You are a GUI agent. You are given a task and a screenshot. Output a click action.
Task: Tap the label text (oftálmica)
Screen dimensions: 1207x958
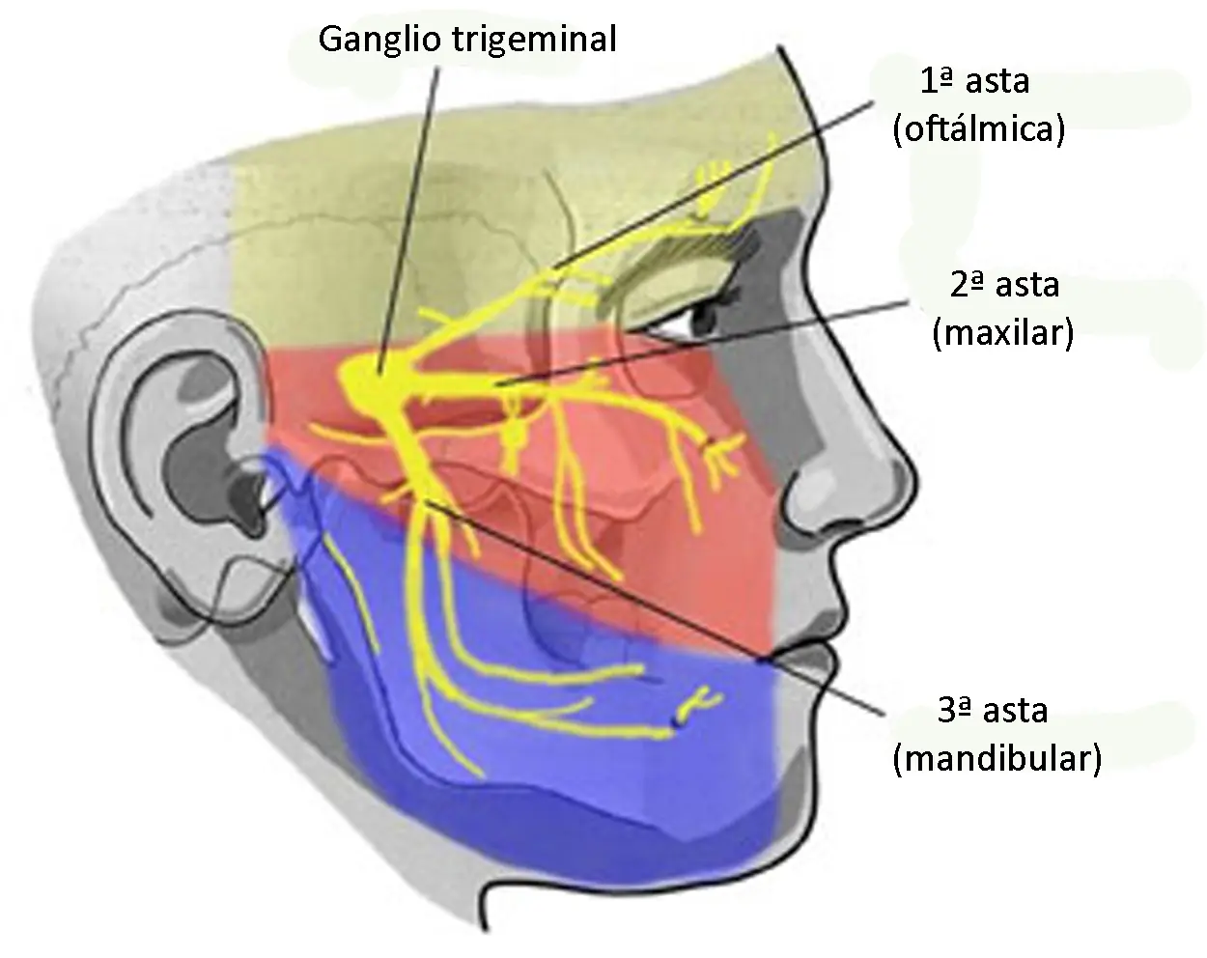pos(979,129)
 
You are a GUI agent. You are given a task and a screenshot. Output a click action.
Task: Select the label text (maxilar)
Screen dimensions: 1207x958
pos(1003,333)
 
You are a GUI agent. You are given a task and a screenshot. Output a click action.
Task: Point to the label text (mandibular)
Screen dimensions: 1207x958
pos(997,759)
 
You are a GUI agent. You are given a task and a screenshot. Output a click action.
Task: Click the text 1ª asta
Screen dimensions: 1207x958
pos(975,81)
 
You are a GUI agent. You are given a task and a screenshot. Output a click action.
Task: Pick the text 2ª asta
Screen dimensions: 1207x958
pos(1005,285)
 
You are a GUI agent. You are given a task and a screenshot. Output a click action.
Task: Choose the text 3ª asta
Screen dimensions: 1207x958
pos(993,711)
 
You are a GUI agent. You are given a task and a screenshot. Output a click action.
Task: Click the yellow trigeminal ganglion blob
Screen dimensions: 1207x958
pos(373,381)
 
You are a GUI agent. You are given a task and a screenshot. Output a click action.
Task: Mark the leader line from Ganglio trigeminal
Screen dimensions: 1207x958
pos(408,220)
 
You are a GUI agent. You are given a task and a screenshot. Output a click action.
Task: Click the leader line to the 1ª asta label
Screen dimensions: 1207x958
pos(713,185)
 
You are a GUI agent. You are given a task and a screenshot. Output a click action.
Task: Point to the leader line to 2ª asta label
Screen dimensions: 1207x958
pos(702,343)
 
